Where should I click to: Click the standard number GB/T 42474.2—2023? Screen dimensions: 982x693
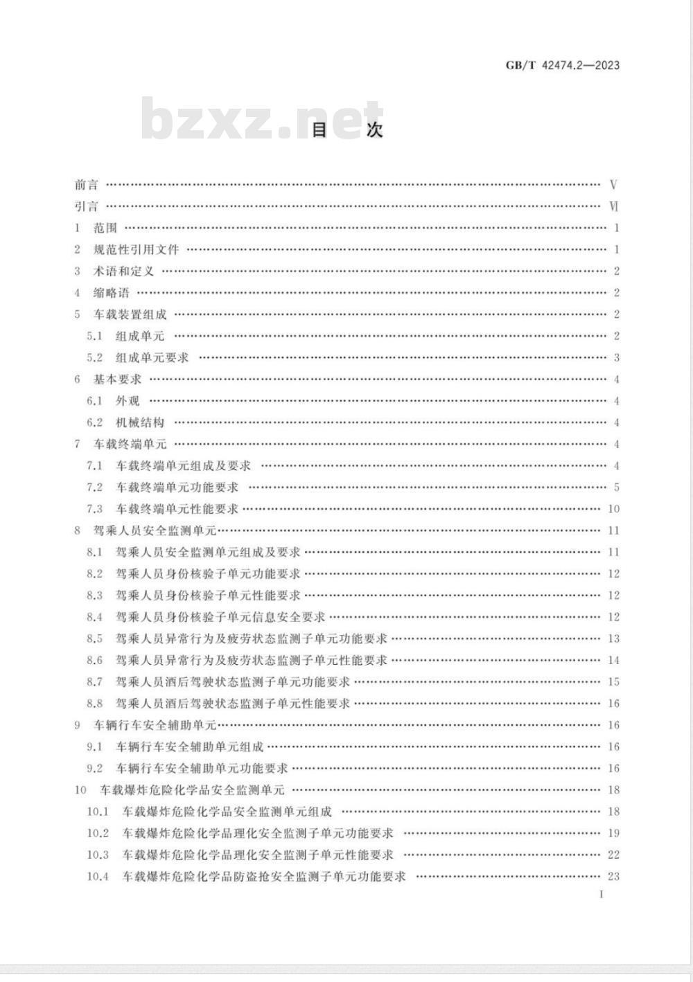(562, 65)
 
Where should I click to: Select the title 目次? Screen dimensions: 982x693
(346, 130)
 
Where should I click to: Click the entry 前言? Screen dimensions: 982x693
(87, 185)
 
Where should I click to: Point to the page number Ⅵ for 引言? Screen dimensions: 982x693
(613, 206)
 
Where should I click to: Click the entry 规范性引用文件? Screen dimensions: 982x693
(136, 249)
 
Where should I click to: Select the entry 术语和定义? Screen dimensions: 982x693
(123, 271)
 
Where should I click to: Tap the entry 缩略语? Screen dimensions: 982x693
(112, 293)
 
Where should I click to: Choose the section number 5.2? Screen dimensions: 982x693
(94, 357)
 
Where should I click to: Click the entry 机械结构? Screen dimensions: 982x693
(140, 422)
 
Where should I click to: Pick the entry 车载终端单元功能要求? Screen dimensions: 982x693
(177, 488)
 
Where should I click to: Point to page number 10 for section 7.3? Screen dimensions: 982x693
(613, 509)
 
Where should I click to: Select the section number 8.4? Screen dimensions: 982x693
(94, 617)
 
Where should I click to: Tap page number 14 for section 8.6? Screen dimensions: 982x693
(613, 661)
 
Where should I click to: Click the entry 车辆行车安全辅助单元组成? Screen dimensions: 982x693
(189, 747)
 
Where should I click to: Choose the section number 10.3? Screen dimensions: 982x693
(98, 855)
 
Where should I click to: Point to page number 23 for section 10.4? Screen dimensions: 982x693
(613, 876)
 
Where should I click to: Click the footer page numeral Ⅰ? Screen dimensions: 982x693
(602, 894)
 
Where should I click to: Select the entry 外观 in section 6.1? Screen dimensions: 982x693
(128, 401)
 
